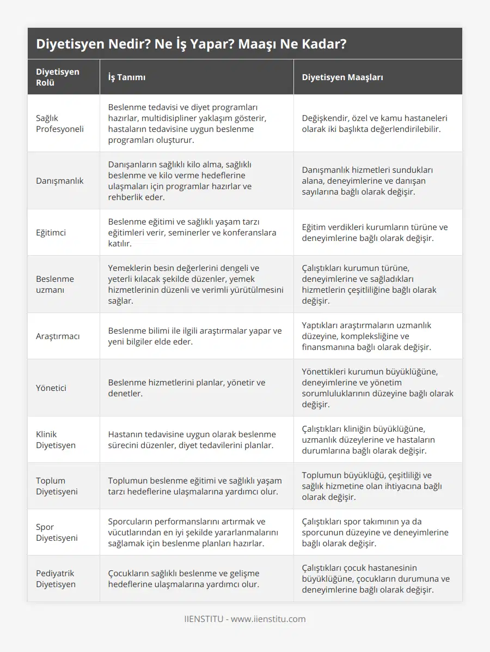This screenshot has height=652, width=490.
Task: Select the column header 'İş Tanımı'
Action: [x=126, y=77]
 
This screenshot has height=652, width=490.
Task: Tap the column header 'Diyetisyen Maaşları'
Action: [x=342, y=77]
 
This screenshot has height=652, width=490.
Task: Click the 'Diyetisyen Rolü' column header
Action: [x=58, y=77]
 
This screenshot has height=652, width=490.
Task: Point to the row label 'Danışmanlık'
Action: [x=60, y=180]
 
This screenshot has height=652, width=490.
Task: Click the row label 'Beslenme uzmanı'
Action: [x=55, y=284]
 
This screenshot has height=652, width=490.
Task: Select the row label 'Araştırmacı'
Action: [x=58, y=336]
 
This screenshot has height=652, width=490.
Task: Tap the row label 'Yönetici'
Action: [x=52, y=388]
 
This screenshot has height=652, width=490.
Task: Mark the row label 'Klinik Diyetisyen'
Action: [x=56, y=439]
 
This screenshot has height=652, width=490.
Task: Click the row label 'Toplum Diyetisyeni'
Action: [x=57, y=486]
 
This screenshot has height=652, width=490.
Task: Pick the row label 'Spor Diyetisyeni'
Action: [x=57, y=532]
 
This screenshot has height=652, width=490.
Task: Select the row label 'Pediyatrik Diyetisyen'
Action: [x=56, y=578]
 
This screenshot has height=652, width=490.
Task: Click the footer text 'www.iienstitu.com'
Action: [x=268, y=619]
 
